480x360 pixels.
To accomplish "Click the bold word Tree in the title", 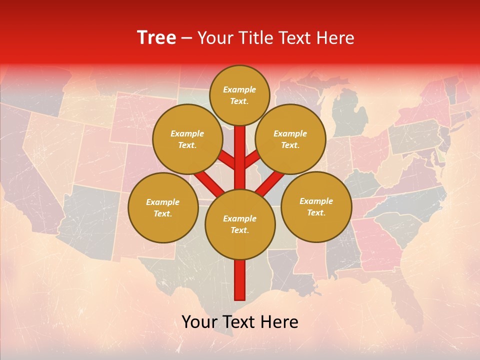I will [x=156, y=38].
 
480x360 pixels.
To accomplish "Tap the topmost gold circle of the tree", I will [x=239, y=95].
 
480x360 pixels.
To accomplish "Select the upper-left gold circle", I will [x=187, y=139].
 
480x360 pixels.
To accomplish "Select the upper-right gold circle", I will [x=290, y=139].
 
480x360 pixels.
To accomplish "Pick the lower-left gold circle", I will [x=163, y=207].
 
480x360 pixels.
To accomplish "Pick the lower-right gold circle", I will [x=316, y=206].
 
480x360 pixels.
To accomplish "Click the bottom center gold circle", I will [x=240, y=224].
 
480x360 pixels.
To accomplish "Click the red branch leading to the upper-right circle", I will [x=252, y=159].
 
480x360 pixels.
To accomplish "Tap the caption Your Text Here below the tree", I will [x=240, y=322].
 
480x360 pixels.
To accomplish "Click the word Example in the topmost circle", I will [x=239, y=90].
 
